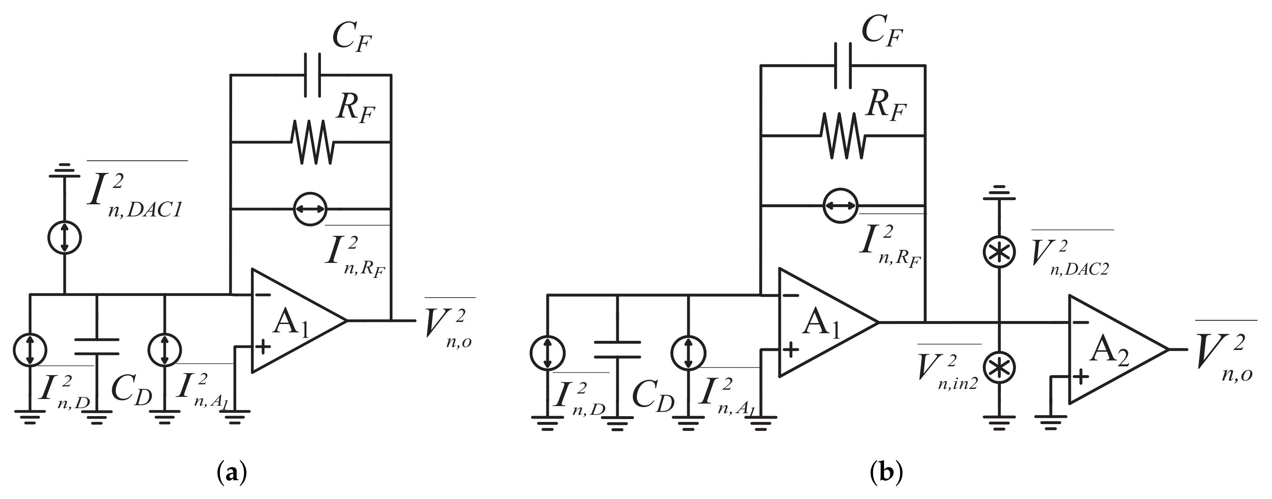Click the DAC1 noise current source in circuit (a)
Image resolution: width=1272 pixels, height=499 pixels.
click(65, 237)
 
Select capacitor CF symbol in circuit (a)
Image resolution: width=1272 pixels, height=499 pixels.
click(312, 75)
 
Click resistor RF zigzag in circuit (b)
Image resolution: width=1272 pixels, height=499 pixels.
click(843, 135)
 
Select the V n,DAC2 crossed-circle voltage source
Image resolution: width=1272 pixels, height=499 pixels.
click(999, 252)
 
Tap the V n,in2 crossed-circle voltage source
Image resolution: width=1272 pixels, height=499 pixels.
click(999, 367)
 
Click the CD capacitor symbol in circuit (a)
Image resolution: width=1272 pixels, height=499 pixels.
click(97, 347)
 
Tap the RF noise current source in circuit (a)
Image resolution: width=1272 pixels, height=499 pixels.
click(310, 209)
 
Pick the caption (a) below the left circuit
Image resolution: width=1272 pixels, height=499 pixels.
click(232, 472)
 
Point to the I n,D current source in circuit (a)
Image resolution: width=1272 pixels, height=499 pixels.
click(30, 350)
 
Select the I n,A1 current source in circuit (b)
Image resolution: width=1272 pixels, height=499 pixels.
click(688, 353)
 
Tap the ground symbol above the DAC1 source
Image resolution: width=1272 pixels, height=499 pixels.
click(65, 170)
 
